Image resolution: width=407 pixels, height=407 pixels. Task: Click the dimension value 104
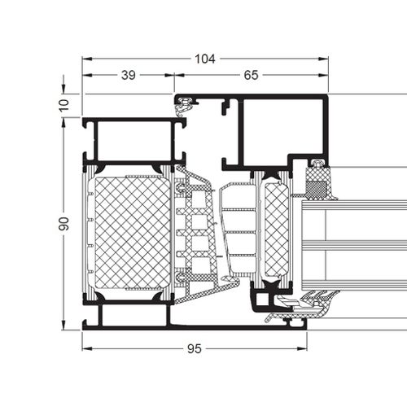205,59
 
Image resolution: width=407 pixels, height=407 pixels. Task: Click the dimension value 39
129,75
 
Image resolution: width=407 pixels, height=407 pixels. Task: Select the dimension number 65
251,75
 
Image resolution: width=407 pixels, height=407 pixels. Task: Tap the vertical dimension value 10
64,105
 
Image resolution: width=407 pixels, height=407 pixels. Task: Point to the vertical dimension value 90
64,224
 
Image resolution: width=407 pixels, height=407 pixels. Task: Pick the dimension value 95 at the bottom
195,349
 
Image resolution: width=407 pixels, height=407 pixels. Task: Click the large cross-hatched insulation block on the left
133,233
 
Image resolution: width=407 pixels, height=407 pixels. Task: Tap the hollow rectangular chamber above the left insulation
133,141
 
